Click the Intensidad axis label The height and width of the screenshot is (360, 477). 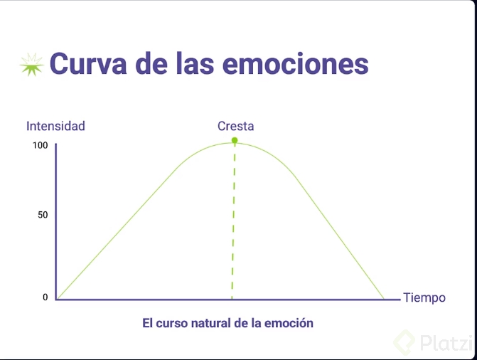[55, 126]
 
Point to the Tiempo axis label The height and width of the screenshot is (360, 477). [424, 297]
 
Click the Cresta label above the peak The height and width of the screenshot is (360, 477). [235, 126]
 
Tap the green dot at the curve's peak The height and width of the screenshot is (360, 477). [235, 141]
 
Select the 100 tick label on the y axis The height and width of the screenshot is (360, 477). [39, 145]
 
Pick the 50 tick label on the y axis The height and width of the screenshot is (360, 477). [42, 215]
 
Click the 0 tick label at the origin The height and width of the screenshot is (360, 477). [45, 297]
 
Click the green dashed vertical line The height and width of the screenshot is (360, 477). [233, 221]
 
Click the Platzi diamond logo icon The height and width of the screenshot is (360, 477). [407, 342]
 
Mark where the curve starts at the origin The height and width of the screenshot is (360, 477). [58, 299]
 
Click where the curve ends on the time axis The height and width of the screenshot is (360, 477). [384, 299]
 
